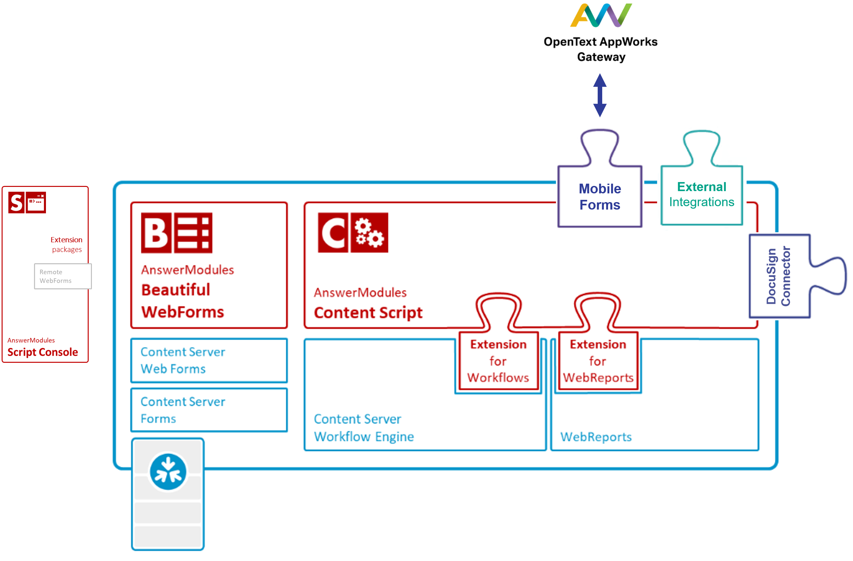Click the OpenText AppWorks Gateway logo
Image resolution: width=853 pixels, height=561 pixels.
click(x=601, y=16)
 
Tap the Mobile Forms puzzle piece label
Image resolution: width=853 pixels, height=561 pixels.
click(x=600, y=197)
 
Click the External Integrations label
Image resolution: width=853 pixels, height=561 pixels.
click(x=702, y=194)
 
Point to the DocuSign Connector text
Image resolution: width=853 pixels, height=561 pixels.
click(x=778, y=276)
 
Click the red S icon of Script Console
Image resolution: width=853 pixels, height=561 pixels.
click(x=17, y=203)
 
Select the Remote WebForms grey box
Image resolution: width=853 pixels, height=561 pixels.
click(x=63, y=276)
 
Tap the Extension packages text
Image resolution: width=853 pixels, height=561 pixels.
click(x=67, y=244)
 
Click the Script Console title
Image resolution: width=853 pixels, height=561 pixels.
click(x=43, y=352)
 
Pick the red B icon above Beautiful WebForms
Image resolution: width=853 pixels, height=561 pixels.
click(x=156, y=233)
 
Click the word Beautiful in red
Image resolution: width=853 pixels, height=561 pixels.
click(x=176, y=290)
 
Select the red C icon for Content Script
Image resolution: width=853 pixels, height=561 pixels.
click(x=333, y=233)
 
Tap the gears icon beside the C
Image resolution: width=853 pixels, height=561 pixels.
click(x=369, y=233)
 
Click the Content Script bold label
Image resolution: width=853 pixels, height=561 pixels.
click(x=368, y=313)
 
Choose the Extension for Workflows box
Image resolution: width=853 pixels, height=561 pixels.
click(x=498, y=361)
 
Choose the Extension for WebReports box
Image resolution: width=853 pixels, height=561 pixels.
click(x=598, y=361)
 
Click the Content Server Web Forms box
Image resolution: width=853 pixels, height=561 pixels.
click(x=209, y=360)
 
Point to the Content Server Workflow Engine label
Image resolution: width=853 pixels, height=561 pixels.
click(x=364, y=428)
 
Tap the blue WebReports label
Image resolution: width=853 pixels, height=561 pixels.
click(x=596, y=437)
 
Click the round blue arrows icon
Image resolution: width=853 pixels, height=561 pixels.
click(x=168, y=472)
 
